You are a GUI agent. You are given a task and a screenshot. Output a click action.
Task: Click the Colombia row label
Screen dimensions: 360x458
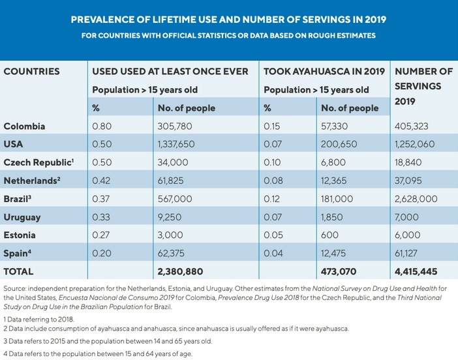tap(25, 126)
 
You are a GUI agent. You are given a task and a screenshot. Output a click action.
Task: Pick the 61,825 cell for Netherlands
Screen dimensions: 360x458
tap(172, 180)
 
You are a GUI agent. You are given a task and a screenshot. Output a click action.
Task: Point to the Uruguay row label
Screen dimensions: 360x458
tap(23, 217)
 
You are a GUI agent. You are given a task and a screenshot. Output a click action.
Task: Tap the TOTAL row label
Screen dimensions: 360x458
tap(18, 271)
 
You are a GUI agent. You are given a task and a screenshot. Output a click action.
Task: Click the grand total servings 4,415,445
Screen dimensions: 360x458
tap(421, 271)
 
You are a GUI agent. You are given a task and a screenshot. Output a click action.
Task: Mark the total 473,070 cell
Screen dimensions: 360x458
tap(343, 271)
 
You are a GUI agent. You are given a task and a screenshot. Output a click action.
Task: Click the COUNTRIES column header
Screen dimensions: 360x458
tap(32, 71)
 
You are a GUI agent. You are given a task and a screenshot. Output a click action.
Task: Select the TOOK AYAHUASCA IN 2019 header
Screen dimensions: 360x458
tap(324, 71)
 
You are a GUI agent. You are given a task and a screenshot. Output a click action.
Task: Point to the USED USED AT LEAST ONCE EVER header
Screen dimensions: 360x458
tap(170, 71)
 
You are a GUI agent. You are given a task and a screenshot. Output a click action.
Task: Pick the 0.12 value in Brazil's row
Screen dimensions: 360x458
tap(271, 198)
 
